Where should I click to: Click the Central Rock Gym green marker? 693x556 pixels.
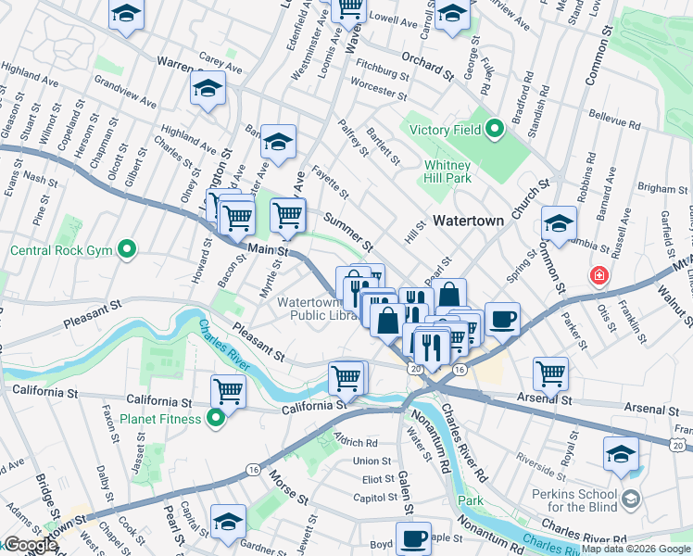[x=128, y=249]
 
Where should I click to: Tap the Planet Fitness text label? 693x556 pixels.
[x=165, y=419]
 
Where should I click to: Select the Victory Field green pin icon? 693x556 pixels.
[x=494, y=130]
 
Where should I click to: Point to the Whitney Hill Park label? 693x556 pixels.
[x=448, y=171]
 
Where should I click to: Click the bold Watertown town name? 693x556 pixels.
[x=468, y=221]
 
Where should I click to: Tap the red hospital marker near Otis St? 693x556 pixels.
[x=599, y=276]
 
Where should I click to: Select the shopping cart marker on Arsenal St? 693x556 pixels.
[x=551, y=374]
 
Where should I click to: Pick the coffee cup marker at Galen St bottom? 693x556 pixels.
[x=413, y=537]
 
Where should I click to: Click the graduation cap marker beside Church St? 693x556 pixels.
[x=560, y=223]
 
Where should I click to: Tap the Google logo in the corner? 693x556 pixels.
[x=31, y=545]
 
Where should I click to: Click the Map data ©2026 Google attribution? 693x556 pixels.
[x=635, y=549]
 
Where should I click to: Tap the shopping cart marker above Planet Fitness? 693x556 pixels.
[x=228, y=391]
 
